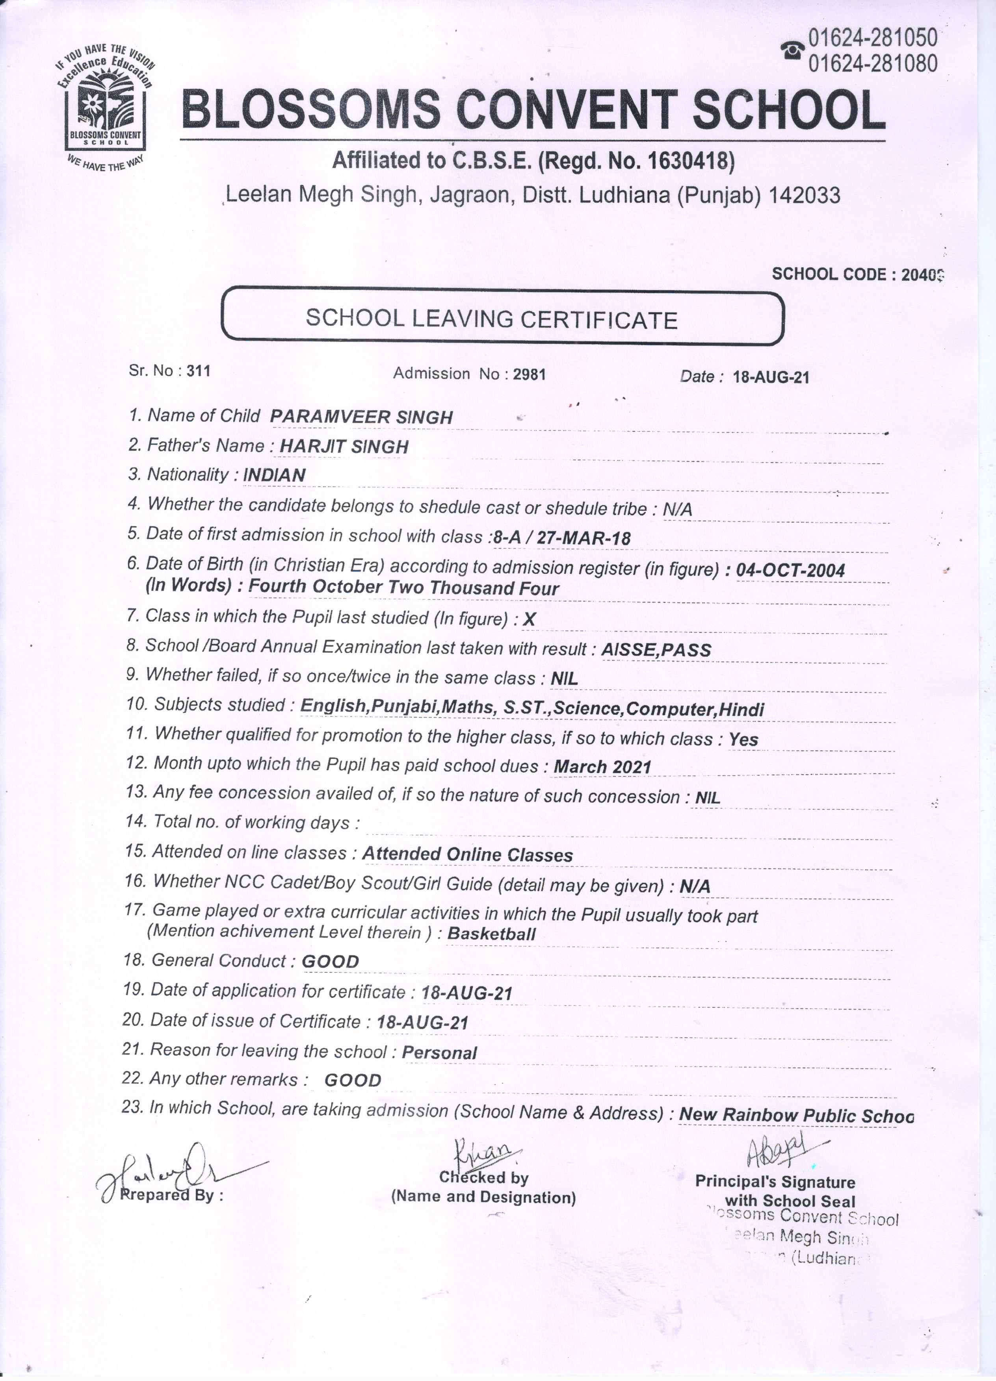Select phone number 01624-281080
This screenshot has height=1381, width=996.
pyautogui.click(x=872, y=63)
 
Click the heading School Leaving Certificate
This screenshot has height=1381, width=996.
pyautogui.click(x=492, y=319)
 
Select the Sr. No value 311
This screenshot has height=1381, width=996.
pyautogui.click(x=199, y=371)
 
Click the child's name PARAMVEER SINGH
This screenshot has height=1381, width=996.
pyautogui.click(x=361, y=417)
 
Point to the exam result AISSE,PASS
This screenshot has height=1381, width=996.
pyautogui.click(x=656, y=650)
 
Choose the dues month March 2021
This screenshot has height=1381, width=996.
pyautogui.click(x=602, y=767)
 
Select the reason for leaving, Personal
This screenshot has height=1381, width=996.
pyautogui.click(x=439, y=1053)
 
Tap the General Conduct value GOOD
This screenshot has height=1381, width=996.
pyautogui.click(x=330, y=962)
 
